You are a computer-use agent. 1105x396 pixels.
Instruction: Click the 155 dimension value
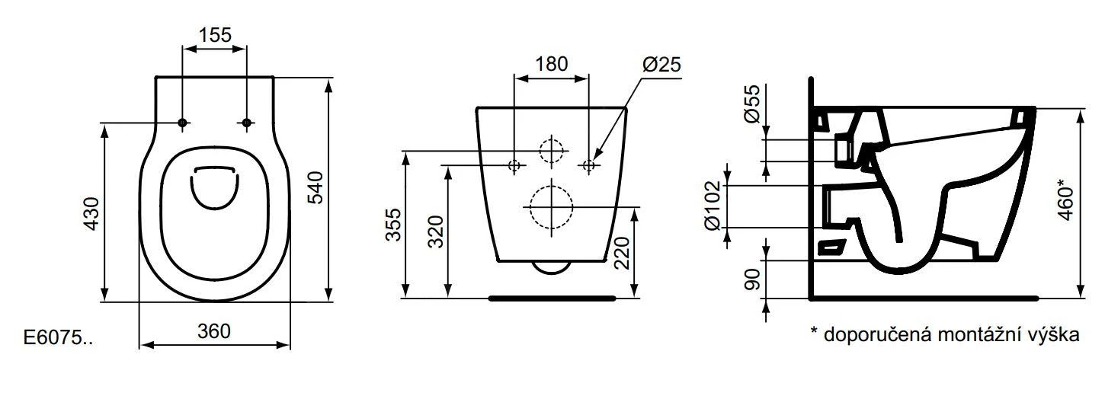[x=214, y=35]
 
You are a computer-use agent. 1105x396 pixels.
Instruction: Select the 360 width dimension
[x=214, y=331]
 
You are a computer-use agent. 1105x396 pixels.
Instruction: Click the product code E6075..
[x=59, y=338]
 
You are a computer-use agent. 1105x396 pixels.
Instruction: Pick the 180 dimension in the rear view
[x=551, y=64]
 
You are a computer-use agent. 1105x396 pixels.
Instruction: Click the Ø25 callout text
[x=660, y=65]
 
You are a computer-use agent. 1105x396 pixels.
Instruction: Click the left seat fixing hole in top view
[x=182, y=123]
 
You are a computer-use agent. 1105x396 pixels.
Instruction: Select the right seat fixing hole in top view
[x=246, y=123]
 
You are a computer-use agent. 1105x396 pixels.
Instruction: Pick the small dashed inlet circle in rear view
[x=550, y=150]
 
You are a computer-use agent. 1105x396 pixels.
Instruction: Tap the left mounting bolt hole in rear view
[x=514, y=164]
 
